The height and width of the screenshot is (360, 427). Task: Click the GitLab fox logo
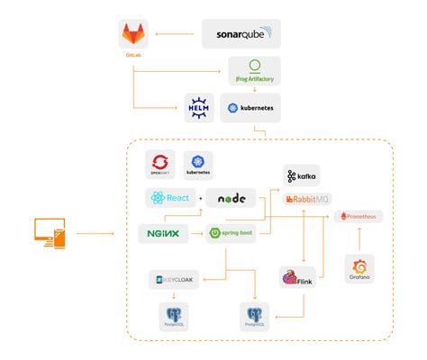(x=133, y=37)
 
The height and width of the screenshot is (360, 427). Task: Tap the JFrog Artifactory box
(x=254, y=71)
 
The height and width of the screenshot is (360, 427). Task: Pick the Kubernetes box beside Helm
(x=250, y=107)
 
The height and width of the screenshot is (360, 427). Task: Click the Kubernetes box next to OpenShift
(x=198, y=164)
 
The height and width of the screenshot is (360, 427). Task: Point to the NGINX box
(x=163, y=233)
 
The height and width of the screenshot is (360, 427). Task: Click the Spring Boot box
(x=232, y=233)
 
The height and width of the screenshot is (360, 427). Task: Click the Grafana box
(x=359, y=267)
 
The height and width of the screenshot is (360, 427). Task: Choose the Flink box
(x=296, y=278)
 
